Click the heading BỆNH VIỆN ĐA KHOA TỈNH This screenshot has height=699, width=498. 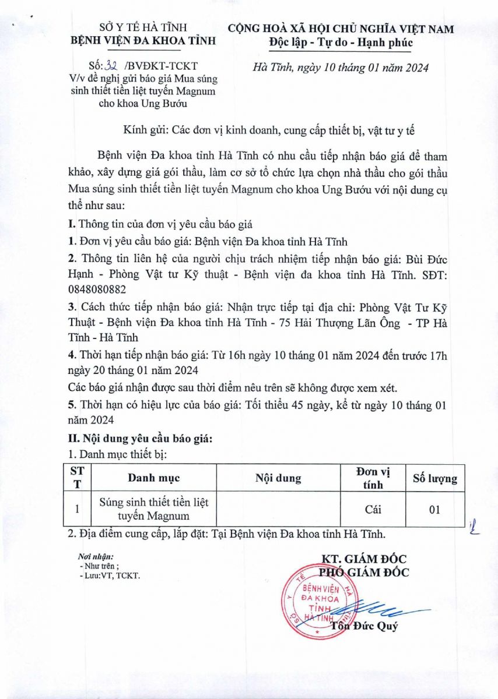coord(143,40)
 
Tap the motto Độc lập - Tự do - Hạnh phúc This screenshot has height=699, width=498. coord(341,43)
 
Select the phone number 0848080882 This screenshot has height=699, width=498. coord(96,289)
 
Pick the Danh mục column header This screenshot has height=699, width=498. coord(154,478)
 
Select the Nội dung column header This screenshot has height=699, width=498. coord(278,478)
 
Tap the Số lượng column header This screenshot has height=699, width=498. coord(435,478)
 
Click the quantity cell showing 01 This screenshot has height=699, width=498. coord(434,509)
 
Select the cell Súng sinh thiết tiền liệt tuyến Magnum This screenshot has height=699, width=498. coord(154,509)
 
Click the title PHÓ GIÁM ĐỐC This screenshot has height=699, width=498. coord(364,573)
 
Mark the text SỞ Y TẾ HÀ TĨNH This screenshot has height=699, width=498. coord(143,27)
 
